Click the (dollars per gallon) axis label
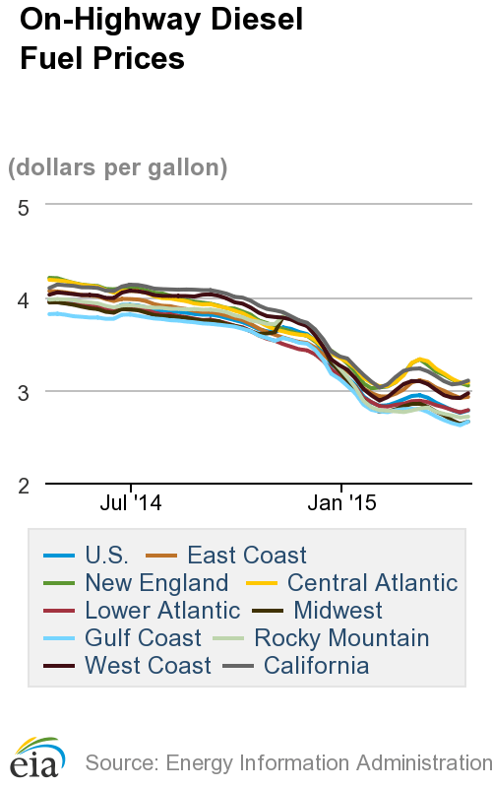pyautogui.click(x=118, y=167)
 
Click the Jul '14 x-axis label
pyautogui.click(x=131, y=503)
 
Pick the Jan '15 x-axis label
pyautogui.click(x=341, y=503)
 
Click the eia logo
pyautogui.click(x=37, y=756)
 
